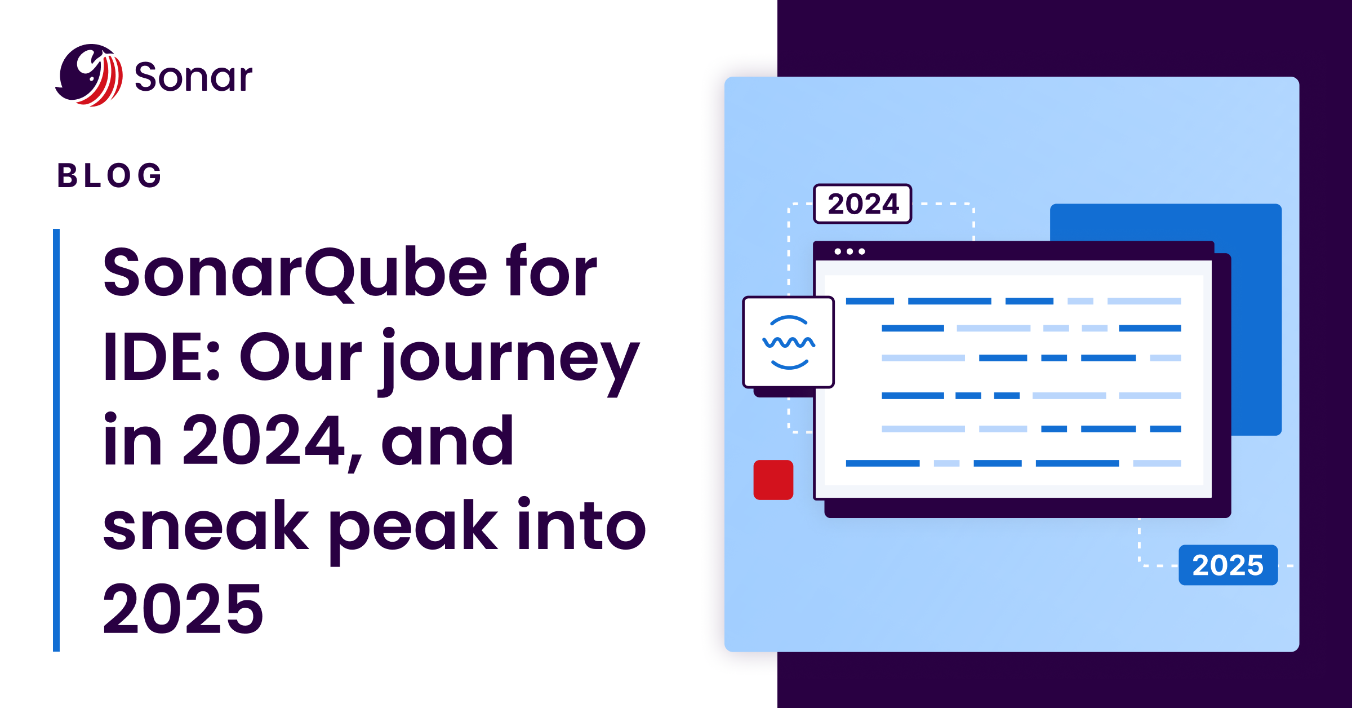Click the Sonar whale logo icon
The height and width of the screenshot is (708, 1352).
point(90,76)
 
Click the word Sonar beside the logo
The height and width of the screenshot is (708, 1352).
point(193,77)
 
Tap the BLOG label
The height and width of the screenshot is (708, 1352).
point(110,175)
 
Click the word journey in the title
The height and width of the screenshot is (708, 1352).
point(511,358)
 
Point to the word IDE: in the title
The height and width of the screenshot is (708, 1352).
point(161,357)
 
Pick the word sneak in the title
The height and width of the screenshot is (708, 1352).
point(206,526)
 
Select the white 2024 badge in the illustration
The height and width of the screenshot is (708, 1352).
point(862,203)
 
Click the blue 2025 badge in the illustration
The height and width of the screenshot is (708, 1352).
point(1228,565)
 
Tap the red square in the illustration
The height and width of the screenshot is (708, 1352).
point(773,480)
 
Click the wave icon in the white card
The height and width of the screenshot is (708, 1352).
point(789,342)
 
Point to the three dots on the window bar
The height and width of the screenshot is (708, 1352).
point(850,251)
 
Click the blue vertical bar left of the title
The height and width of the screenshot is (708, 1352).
point(56,440)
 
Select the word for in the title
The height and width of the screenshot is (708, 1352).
point(551,273)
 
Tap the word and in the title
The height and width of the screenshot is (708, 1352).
point(447,441)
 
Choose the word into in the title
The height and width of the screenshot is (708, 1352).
point(581,526)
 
